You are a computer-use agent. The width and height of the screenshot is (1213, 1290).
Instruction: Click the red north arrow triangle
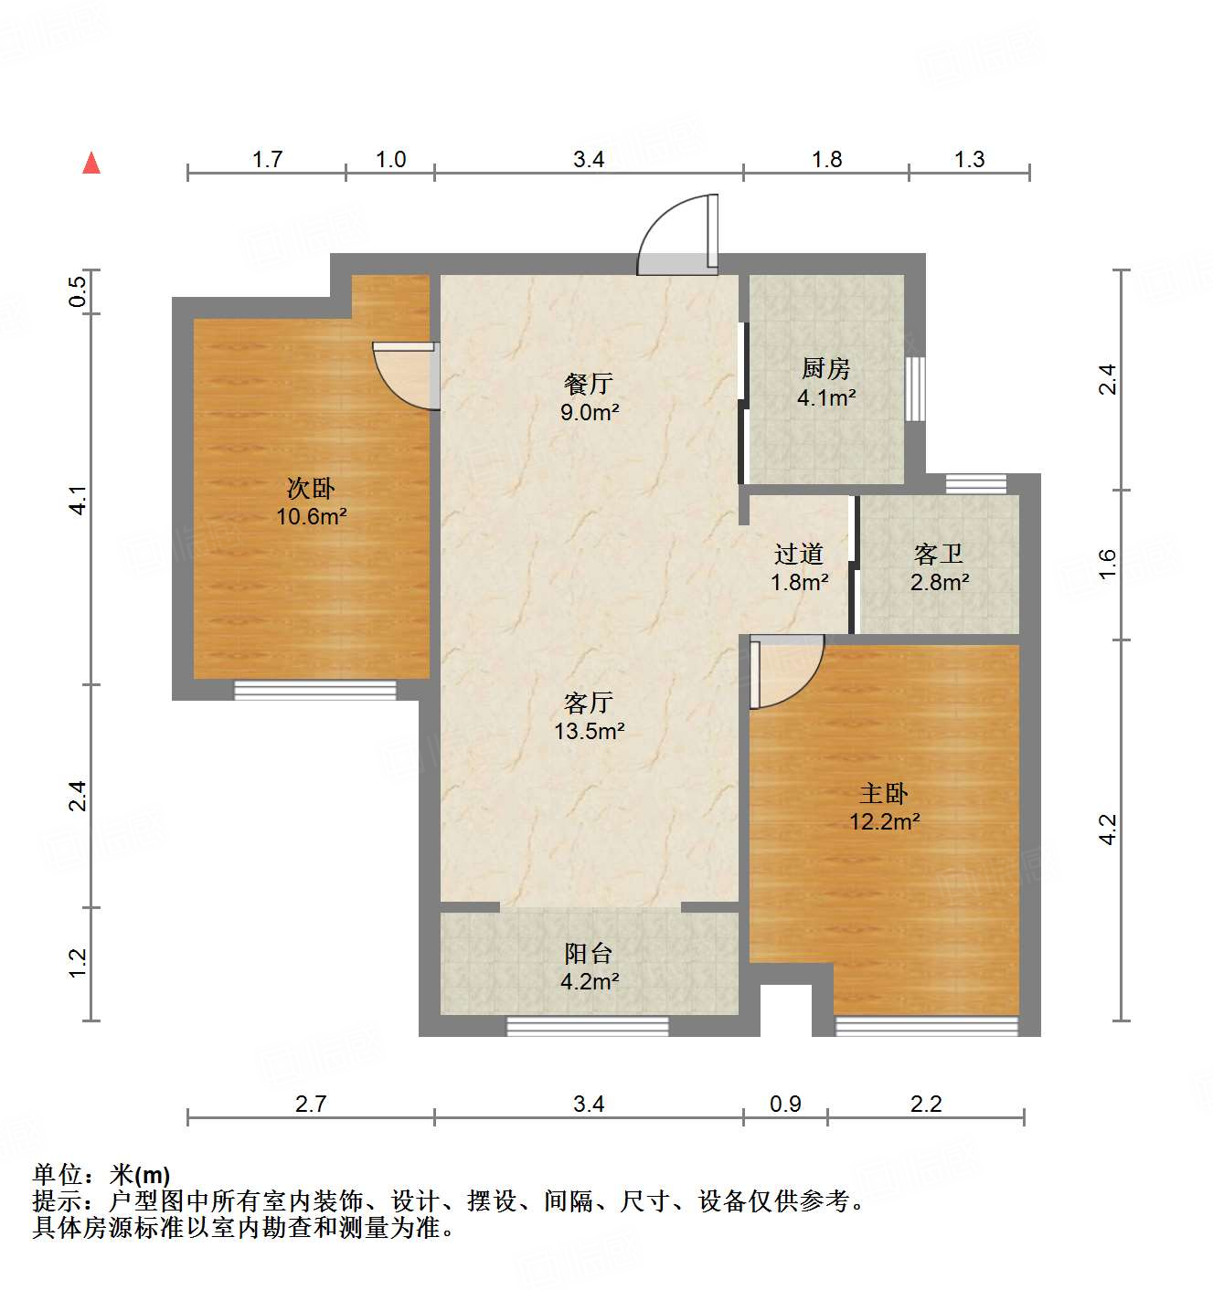point(91,163)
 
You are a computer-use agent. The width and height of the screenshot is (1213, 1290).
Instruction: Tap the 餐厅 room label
point(589,384)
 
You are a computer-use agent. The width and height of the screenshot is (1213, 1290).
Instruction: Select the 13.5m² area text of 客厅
point(589,731)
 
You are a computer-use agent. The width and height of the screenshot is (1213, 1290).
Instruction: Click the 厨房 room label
point(826,368)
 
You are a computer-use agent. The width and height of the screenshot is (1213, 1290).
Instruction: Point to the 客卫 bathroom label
point(939,554)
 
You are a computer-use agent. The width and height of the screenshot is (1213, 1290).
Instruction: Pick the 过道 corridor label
point(799,554)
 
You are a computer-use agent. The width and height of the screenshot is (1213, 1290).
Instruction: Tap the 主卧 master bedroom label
point(884,793)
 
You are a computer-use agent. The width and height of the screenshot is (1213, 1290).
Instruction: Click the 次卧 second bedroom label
point(311,489)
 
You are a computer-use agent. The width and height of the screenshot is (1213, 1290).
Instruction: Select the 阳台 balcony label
point(589,954)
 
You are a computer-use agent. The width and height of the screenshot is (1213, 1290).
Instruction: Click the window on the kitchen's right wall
point(915,388)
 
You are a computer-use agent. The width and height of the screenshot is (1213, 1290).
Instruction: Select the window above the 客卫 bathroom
point(975,483)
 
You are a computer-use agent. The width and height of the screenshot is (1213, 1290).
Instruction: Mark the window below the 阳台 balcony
point(588,1026)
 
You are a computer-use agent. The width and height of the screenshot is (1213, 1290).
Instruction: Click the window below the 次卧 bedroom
point(315,690)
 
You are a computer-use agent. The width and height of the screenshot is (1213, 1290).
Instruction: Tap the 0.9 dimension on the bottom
point(785,1104)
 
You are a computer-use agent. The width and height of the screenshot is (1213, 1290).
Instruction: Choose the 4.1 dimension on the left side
point(79,500)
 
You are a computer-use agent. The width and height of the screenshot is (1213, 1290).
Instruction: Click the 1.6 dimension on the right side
point(1107,563)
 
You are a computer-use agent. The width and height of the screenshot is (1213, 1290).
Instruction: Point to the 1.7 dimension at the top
point(267,159)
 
